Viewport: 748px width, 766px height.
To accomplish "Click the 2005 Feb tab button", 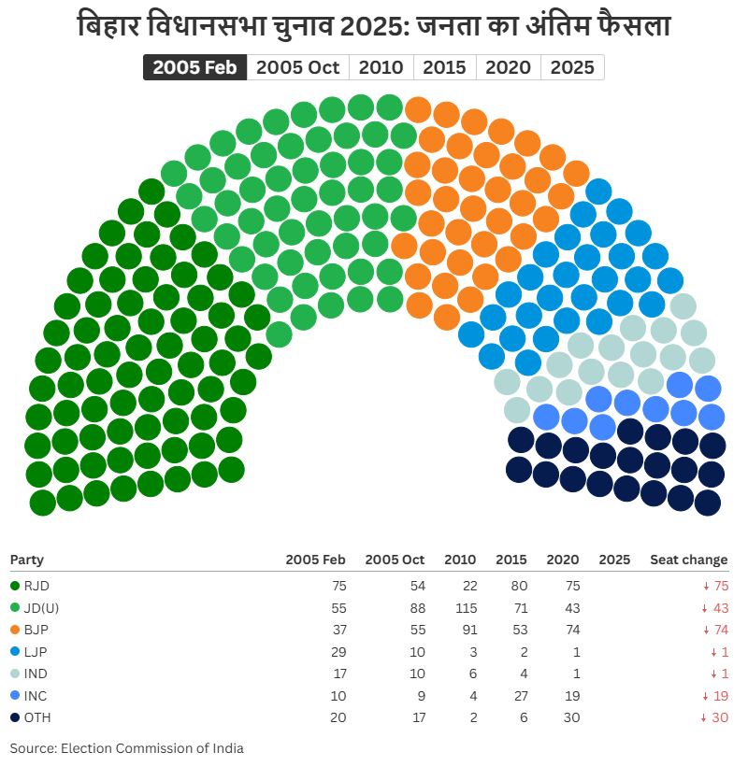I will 194,67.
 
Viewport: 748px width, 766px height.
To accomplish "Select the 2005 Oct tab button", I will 298,67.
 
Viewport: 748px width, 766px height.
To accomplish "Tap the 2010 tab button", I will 381,67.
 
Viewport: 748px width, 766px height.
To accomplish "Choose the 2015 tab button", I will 445,67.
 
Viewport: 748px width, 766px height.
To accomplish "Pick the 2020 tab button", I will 509,67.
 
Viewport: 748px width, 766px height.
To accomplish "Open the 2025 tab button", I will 572,67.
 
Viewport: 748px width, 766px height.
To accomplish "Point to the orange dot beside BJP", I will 15,630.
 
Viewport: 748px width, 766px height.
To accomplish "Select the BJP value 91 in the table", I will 467,630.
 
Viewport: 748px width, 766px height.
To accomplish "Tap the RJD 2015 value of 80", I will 518,586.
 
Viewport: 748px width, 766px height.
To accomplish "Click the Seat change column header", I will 688,560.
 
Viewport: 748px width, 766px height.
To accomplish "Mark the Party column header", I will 27,560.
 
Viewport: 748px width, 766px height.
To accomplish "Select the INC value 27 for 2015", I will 519,696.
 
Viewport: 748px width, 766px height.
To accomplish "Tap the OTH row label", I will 36,717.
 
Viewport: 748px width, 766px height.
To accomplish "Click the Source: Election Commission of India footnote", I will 126,747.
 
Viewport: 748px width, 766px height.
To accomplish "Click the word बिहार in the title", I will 106,25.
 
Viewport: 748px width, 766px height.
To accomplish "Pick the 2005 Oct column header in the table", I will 395,560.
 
